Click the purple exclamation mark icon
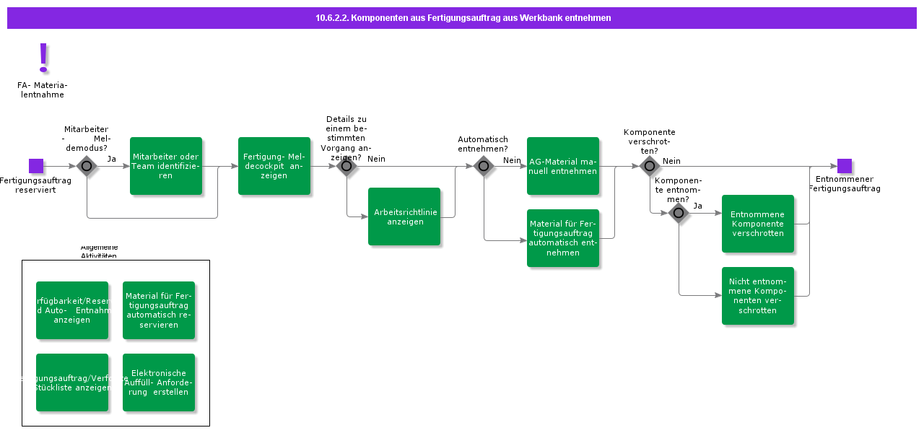(x=43, y=58)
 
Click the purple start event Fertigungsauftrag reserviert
(x=36, y=166)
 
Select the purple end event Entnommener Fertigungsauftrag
(x=845, y=166)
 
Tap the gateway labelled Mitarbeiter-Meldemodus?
(x=87, y=166)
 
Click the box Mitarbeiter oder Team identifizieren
(x=166, y=166)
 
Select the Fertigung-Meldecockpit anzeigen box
(x=274, y=166)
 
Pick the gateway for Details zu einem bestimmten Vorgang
(x=346, y=166)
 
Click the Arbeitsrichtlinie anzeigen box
(x=404, y=216)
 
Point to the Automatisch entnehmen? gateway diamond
(x=484, y=166)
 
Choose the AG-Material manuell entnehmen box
(x=563, y=166)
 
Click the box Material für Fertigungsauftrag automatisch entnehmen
(x=563, y=238)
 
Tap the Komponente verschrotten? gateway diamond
(x=650, y=166)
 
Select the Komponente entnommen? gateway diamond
(x=679, y=213)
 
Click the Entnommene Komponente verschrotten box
(x=758, y=224)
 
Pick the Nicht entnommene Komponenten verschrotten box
(x=758, y=296)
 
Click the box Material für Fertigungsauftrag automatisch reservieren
(x=159, y=310)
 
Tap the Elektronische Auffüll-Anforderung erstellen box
(x=159, y=382)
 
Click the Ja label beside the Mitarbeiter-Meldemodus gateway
(x=112, y=159)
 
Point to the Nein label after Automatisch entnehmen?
(x=512, y=160)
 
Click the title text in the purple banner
(x=463, y=18)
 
